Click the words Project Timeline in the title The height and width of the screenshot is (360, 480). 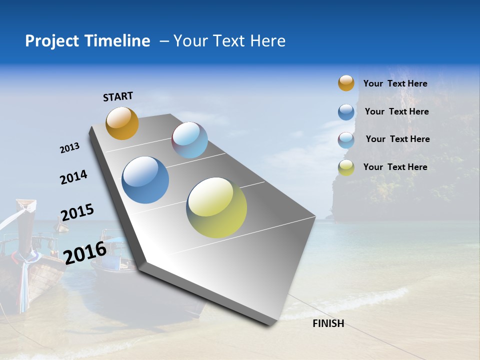click(87, 41)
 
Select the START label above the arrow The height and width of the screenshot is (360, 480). click(118, 96)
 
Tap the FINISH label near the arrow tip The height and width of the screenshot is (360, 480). click(328, 323)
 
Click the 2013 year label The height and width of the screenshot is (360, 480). click(70, 148)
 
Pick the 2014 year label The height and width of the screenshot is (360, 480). click(73, 177)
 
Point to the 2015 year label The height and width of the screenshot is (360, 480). click(77, 212)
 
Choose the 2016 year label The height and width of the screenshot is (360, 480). click(85, 252)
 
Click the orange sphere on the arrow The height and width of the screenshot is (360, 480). click(122, 123)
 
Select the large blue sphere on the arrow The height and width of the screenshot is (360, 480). click(145, 180)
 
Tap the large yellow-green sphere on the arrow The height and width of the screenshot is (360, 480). click(216, 207)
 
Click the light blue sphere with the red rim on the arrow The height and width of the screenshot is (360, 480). click(189, 140)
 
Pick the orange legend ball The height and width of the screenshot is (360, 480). click(346, 83)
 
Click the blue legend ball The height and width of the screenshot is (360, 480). click(346, 112)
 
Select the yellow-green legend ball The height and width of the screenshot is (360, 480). click(346, 167)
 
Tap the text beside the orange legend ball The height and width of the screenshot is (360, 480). click(395, 83)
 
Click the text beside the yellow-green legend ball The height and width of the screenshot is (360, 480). click(395, 167)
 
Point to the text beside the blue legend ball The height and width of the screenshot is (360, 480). click(396, 111)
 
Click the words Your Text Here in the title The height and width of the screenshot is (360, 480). click(229, 41)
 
